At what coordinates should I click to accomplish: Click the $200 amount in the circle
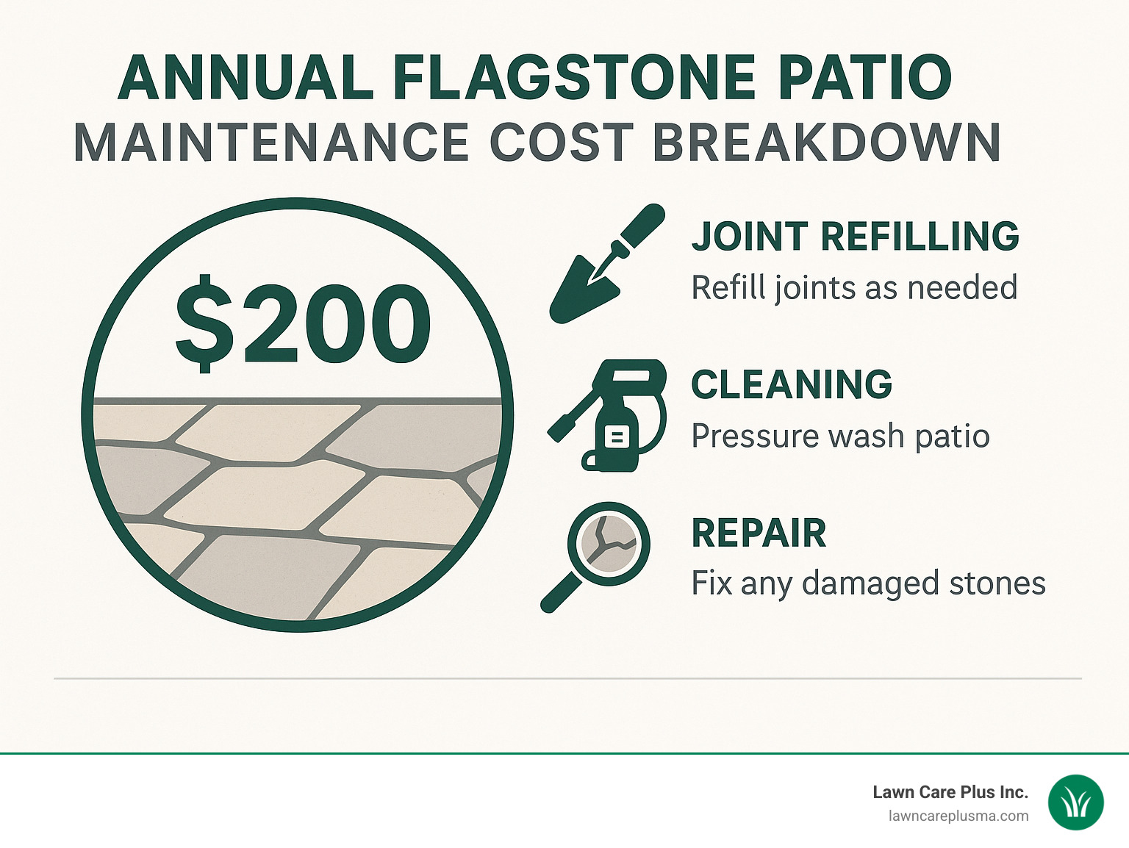[x=302, y=324]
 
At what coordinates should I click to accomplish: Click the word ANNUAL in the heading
[x=245, y=78]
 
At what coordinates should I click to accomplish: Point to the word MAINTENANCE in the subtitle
[x=271, y=143]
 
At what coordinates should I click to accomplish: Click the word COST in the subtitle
[x=560, y=143]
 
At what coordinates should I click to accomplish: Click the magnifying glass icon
[x=607, y=547]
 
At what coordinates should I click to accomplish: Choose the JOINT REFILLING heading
[x=855, y=237]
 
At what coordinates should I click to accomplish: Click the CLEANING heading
[x=792, y=384]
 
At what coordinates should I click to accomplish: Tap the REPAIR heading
[x=759, y=533]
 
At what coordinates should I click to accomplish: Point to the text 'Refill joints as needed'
[x=854, y=288]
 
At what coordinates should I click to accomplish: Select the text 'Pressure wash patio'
[x=840, y=436]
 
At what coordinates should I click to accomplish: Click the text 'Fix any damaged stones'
[x=868, y=584]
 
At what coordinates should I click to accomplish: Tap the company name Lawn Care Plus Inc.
[x=950, y=792]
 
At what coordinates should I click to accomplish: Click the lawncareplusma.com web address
[x=958, y=816]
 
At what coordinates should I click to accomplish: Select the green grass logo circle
[x=1075, y=802]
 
